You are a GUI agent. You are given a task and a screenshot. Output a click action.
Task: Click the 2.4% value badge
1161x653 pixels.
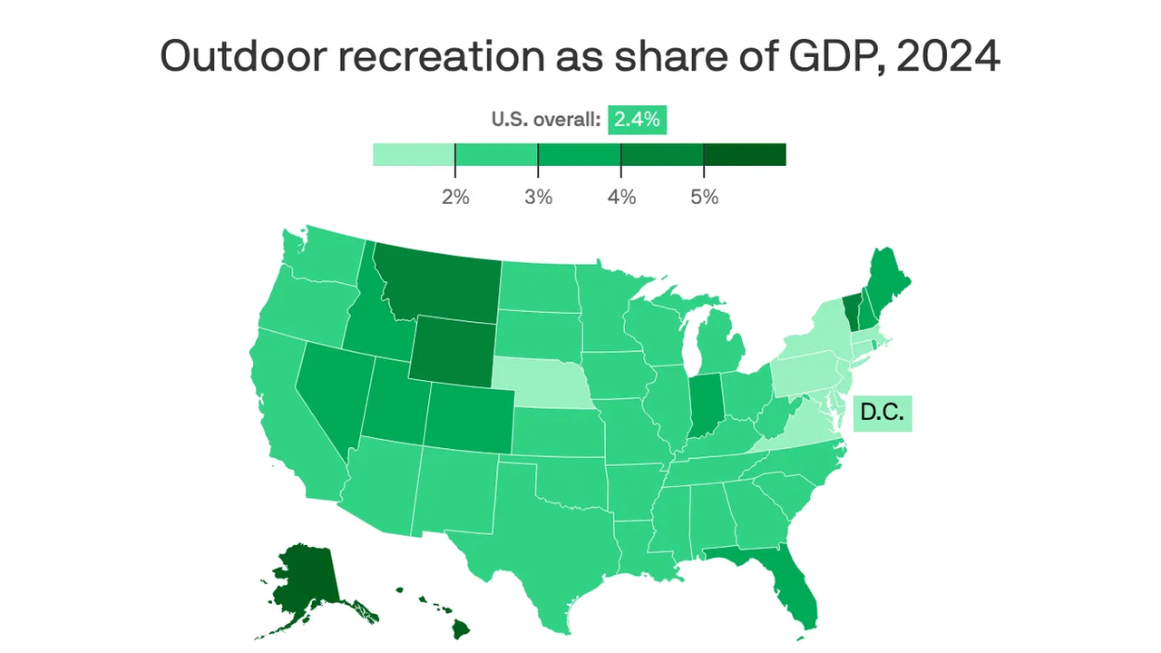pyautogui.click(x=637, y=119)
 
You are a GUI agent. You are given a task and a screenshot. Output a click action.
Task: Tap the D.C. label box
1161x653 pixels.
pyautogui.click(x=883, y=412)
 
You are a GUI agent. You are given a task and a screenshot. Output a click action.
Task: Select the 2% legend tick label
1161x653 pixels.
pyautogui.click(x=455, y=197)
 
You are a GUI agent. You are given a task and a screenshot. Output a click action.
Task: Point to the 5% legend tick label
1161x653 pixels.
pyautogui.click(x=704, y=197)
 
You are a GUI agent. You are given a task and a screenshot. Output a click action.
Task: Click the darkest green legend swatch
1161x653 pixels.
pyautogui.click(x=745, y=154)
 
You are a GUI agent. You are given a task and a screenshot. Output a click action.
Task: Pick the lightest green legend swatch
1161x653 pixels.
pyautogui.click(x=414, y=154)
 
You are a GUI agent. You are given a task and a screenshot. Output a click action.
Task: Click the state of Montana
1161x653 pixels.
pyautogui.click(x=435, y=283)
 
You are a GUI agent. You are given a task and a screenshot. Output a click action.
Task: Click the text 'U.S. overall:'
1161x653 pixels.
pyautogui.click(x=546, y=119)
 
